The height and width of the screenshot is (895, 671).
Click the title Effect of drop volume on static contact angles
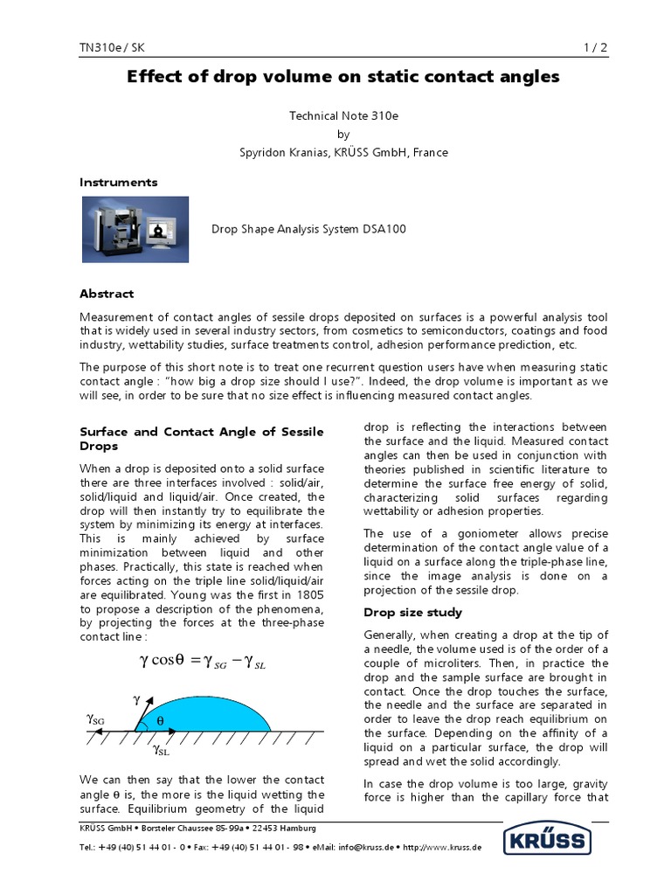pos(343,78)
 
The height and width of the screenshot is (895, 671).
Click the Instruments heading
pos(119,183)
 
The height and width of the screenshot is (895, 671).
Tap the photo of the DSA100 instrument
pos(135,229)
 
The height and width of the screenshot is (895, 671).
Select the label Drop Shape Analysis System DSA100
pos(308,230)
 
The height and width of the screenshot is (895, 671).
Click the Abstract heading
pos(107,294)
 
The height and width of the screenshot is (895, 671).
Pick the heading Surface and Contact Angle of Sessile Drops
pos(201,439)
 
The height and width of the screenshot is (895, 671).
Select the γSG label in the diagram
pos(95,718)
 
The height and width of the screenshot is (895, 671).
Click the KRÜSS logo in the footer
pos(547,843)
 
